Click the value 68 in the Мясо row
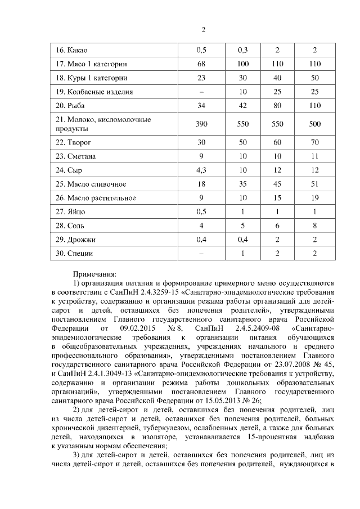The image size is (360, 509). [x=201, y=64]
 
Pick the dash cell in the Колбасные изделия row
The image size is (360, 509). [x=201, y=92]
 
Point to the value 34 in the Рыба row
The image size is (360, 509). [x=201, y=105]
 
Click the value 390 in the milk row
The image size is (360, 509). [x=201, y=124]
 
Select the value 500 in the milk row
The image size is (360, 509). [x=315, y=124]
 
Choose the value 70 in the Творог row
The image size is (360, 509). [x=315, y=143]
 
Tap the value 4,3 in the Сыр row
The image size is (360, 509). [x=201, y=170]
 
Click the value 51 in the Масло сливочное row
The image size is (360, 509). [x=315, y=184]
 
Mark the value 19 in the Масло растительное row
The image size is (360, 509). [x=315, y=197]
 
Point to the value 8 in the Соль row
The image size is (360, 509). [x=315, y=226]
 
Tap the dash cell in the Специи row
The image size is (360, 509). [x=201, y=253]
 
